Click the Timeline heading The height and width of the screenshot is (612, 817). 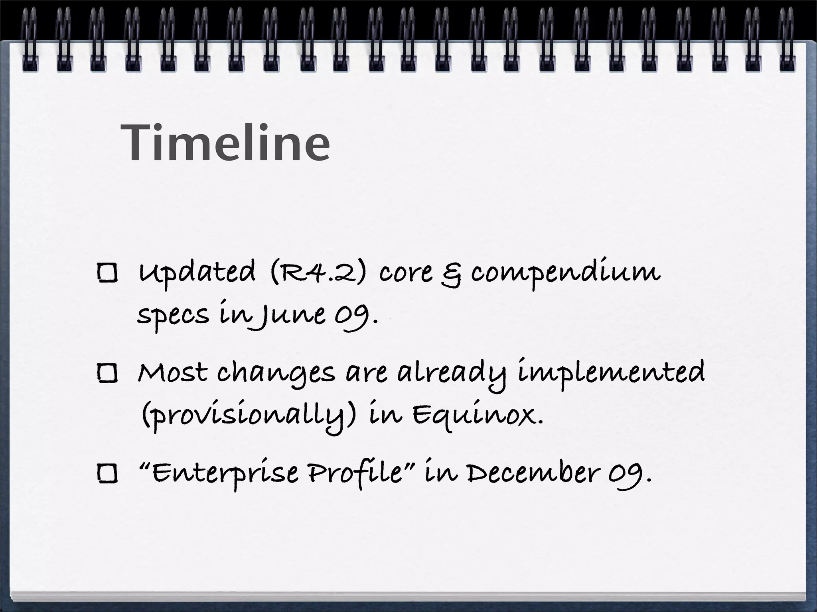coord(225,143)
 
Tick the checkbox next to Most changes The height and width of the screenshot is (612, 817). coord(107,374)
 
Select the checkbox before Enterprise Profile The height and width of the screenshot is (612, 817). coord(107,474)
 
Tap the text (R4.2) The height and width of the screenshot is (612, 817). coord(318,273)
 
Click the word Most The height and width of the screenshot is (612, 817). coord(172,373)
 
